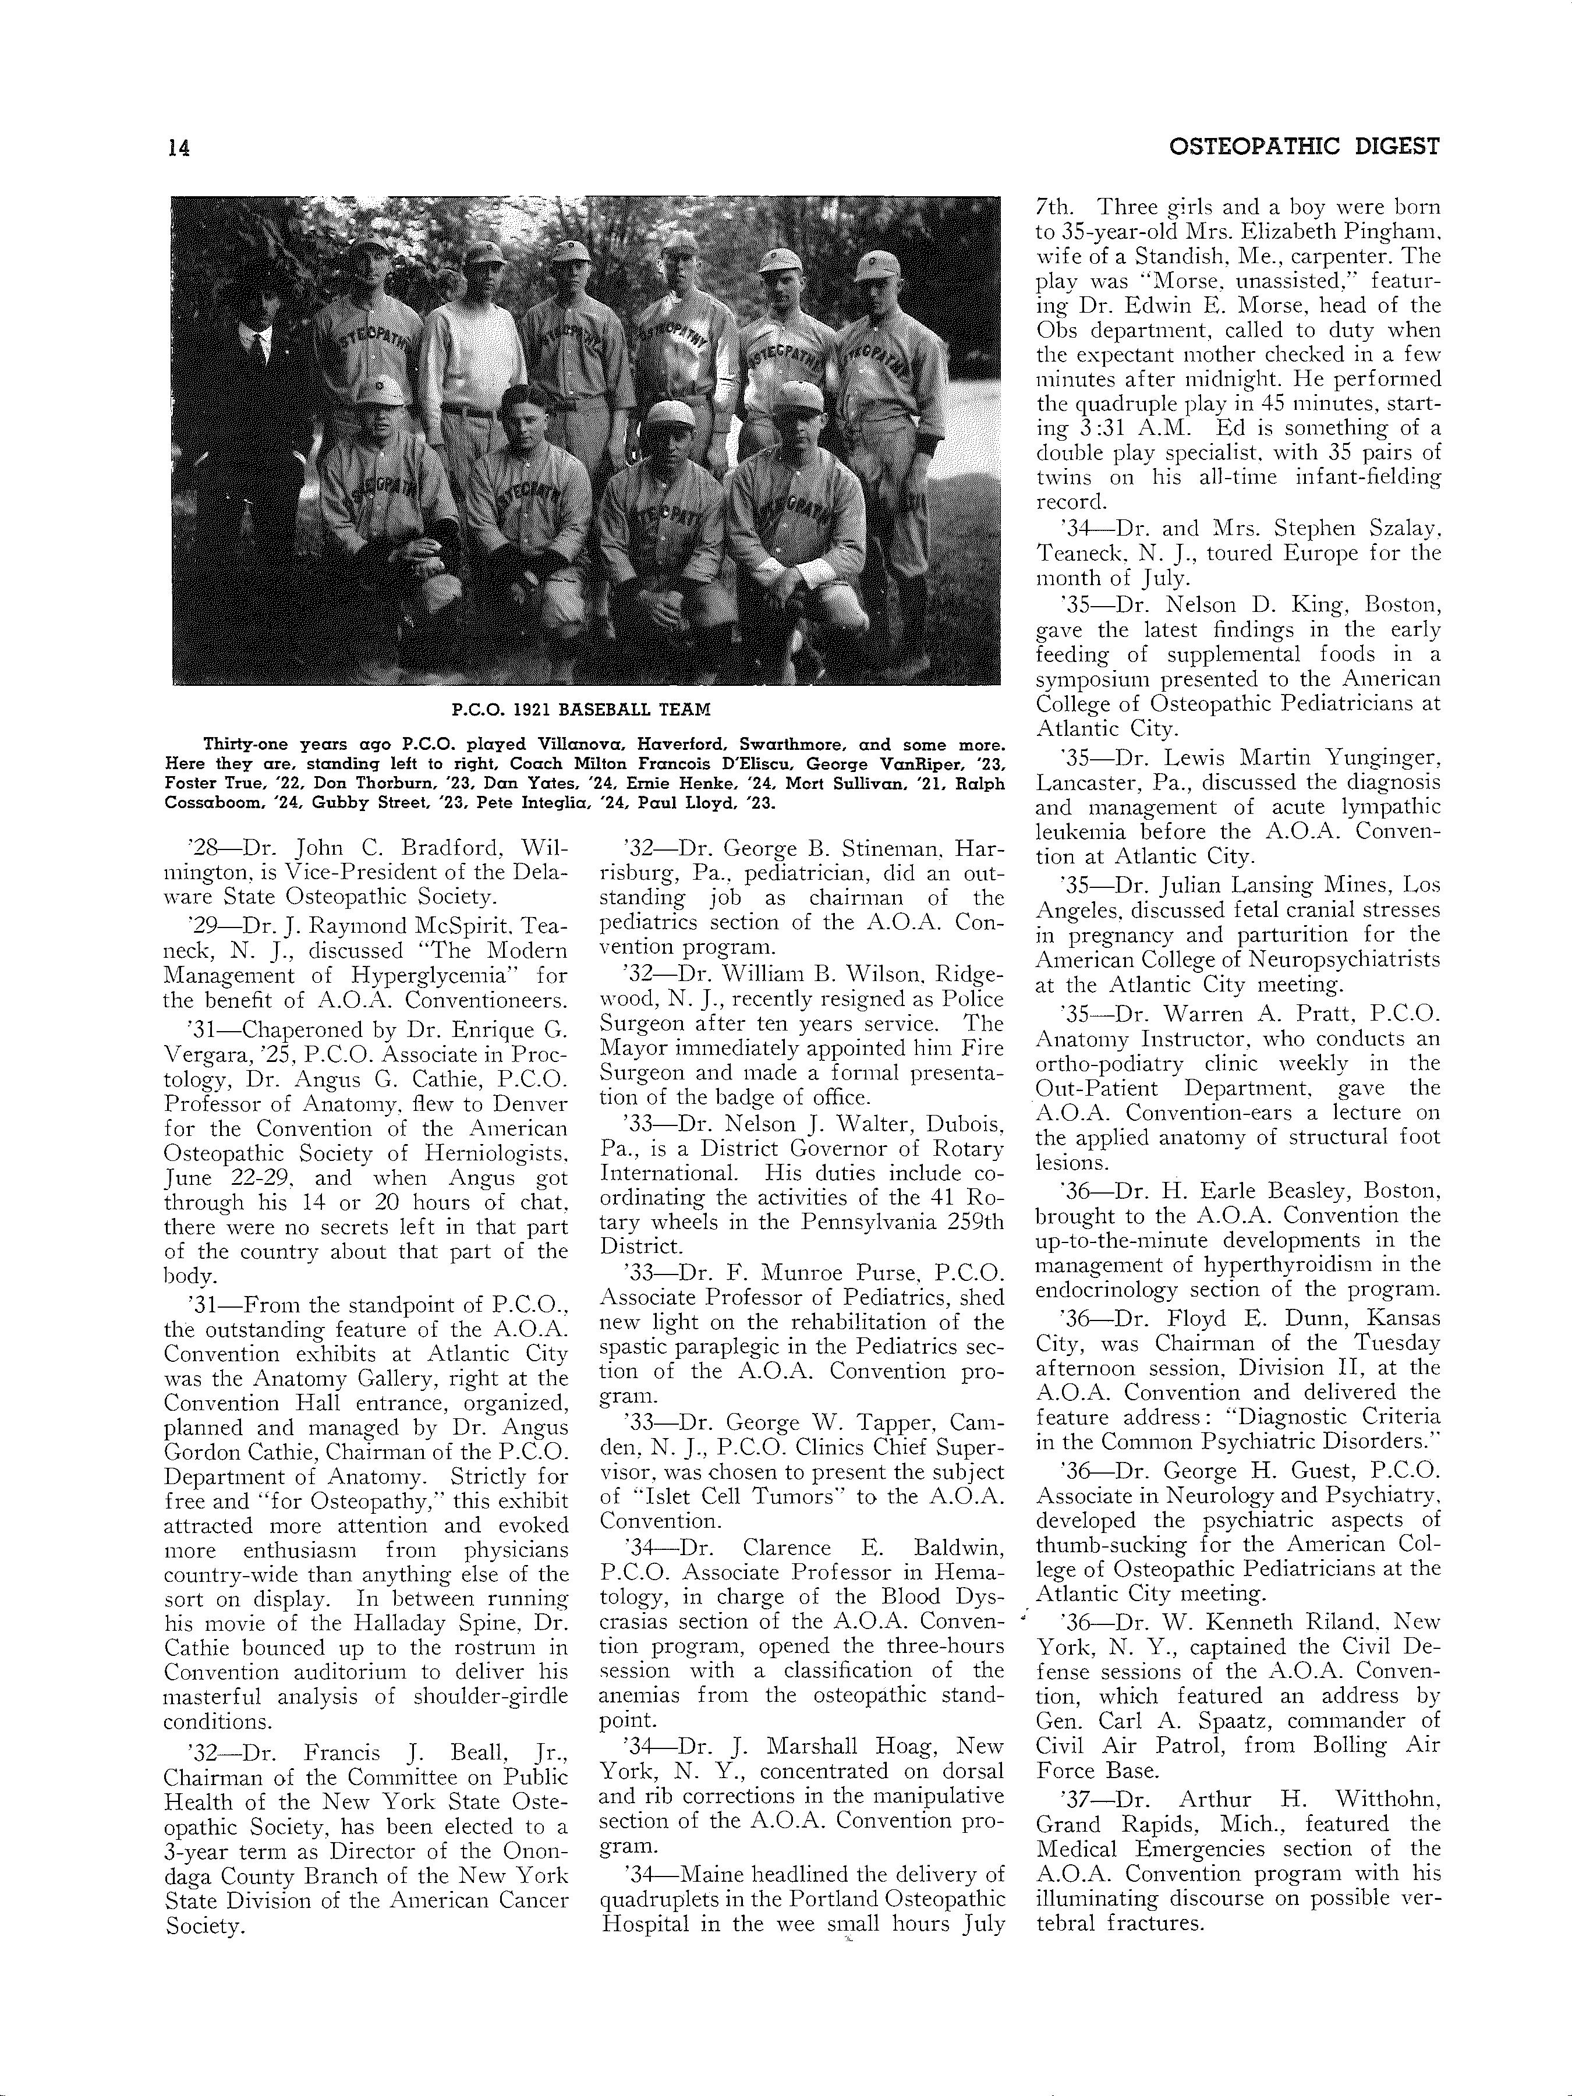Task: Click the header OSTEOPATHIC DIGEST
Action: pyautogui.click(x=1304, y=147)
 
